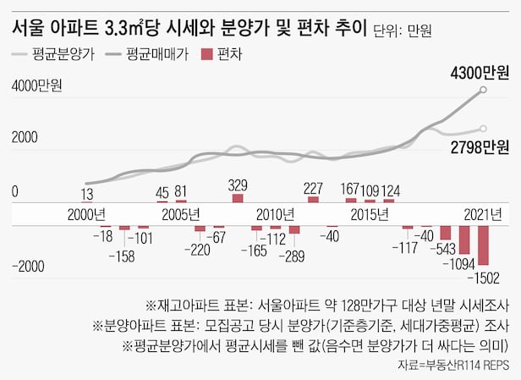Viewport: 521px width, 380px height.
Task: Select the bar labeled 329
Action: click(238, 198)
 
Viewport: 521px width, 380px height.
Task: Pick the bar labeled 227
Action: click(313, 200)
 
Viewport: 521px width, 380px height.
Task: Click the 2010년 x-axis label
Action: click(275, 213)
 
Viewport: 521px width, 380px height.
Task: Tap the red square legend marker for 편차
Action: click(205, 56)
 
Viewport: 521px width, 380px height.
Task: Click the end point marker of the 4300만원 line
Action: click(483, 89)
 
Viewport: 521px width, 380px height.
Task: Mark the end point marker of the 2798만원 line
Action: click(483, 129)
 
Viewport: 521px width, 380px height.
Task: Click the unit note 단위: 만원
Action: click(403, 31)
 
